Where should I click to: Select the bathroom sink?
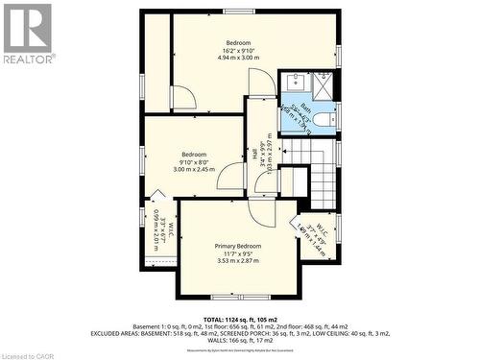click(x=293, y=84)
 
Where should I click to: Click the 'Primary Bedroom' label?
click(x=237, y=247)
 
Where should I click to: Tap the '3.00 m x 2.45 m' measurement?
click(x=194, y=170)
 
